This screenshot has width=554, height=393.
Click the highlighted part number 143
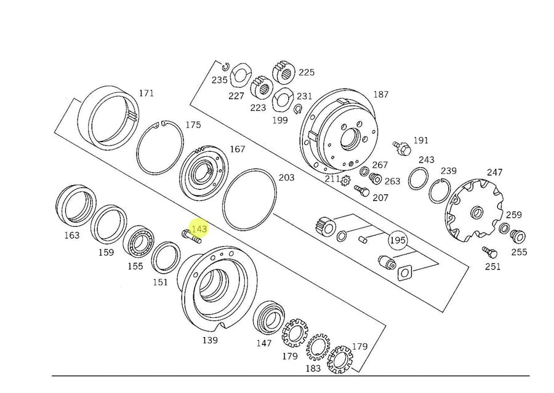point(199,229)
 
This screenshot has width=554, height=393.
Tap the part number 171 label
point(146,93)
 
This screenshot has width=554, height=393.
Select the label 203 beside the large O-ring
point(286,178)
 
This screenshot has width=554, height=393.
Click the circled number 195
point(398,239)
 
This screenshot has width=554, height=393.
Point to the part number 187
point(381,94)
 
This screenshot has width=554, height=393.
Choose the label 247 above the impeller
point(495,173)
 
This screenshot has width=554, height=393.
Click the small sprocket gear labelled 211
point(345,181)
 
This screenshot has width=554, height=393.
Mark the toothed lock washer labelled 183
point(318,348)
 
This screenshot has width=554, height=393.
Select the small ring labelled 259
point(504,229)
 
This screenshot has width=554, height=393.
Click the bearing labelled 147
point(268,316)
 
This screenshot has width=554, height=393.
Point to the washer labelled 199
point(283,98)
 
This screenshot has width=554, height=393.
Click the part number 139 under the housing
point(211,340)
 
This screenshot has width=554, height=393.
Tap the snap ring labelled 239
point(440,191)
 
